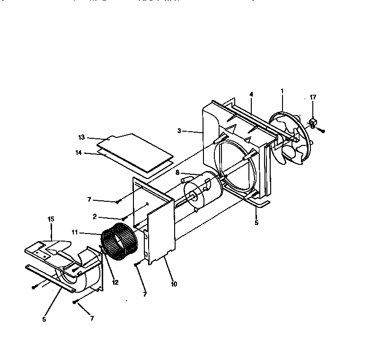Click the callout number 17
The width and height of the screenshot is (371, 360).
tap(313, 97)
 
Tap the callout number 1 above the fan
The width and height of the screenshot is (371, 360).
tap(282, 90)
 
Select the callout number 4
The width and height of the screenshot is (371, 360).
tap(251, 94)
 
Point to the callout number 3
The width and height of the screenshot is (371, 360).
tap(179, 131)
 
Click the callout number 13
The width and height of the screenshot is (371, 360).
tap(81, 137)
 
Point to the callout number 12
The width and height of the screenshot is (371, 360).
tap(115, 282)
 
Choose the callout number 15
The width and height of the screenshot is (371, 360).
tap(51, 219)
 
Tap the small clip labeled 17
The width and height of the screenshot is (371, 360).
tap(312, 123)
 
